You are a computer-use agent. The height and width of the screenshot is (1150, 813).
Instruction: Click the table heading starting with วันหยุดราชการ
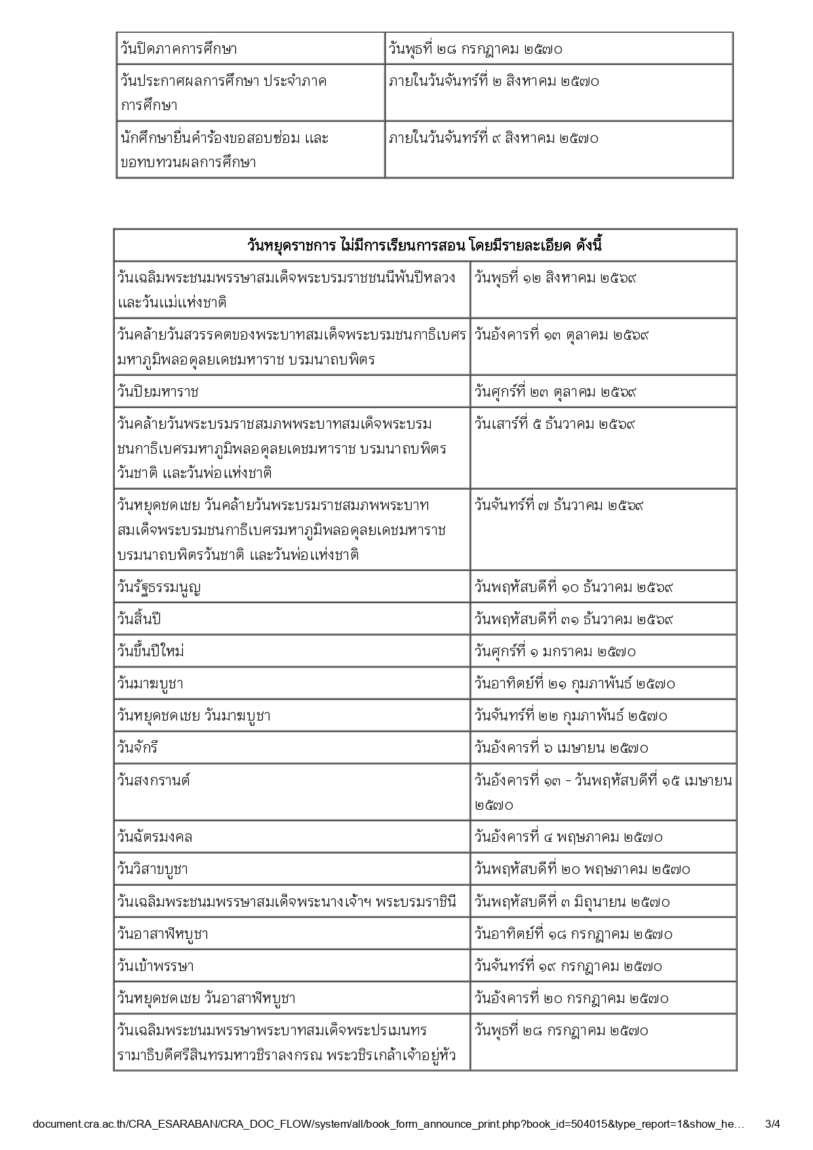coord(425,246)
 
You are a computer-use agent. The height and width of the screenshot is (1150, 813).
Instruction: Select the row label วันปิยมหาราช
coord(158,392)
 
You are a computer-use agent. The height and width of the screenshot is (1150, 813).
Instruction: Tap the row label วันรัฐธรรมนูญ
coord(159,587)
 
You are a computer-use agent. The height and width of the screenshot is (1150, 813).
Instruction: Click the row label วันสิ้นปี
coord(139,619)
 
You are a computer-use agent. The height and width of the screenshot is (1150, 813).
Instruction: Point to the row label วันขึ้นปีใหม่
coord(151,651)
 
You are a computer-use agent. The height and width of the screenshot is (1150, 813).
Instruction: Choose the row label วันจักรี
coord(138,748)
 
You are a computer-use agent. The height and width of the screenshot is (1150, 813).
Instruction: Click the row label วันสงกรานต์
coord(154,780)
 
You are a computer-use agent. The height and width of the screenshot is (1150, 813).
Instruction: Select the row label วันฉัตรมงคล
coord(155,837)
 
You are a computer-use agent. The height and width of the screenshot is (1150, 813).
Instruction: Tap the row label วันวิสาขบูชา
coord(153,869)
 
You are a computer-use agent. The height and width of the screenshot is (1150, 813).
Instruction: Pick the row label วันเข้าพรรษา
coord(156,966)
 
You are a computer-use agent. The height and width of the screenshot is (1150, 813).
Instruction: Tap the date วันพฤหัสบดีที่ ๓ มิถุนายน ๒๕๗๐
coord(572,902)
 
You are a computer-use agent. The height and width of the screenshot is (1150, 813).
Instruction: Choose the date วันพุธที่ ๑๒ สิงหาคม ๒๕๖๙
coord(555,278)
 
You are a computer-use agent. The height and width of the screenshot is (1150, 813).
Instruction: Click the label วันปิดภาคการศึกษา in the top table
coord(178,49)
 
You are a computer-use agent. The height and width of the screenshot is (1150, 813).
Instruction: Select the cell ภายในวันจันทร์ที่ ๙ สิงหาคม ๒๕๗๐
coord(494,138)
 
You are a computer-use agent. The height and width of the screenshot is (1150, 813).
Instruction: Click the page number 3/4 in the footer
coord(773,1124)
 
